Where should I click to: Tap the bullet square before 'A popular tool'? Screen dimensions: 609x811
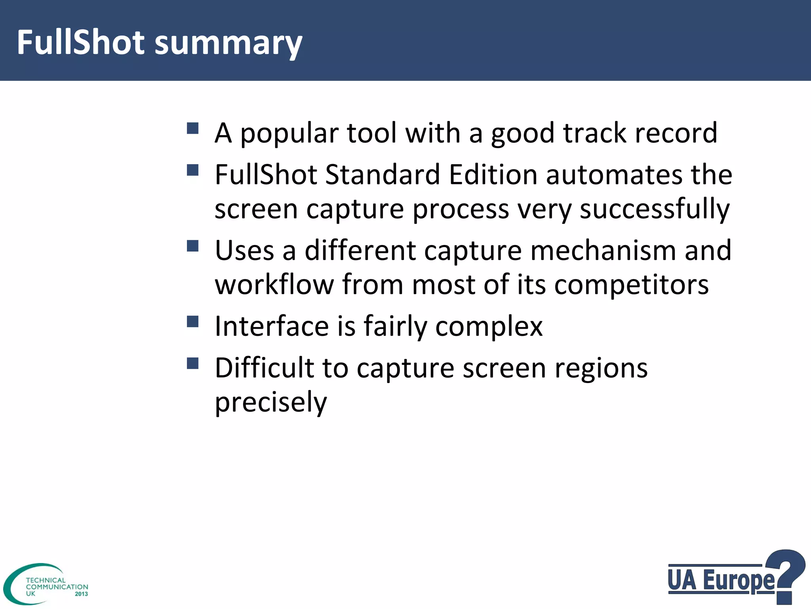coord(192,128)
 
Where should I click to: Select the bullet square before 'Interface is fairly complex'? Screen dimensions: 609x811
coord(192,322)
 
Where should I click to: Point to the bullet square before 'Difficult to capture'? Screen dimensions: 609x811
coord(192,363)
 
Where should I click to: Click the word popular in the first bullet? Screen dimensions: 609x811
coord(289,134)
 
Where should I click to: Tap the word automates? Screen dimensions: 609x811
coord(614,175)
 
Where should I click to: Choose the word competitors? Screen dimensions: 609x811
coord(631,285)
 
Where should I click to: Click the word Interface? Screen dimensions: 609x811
coord(272,326)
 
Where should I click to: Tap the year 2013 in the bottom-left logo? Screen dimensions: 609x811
coord(81,594)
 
